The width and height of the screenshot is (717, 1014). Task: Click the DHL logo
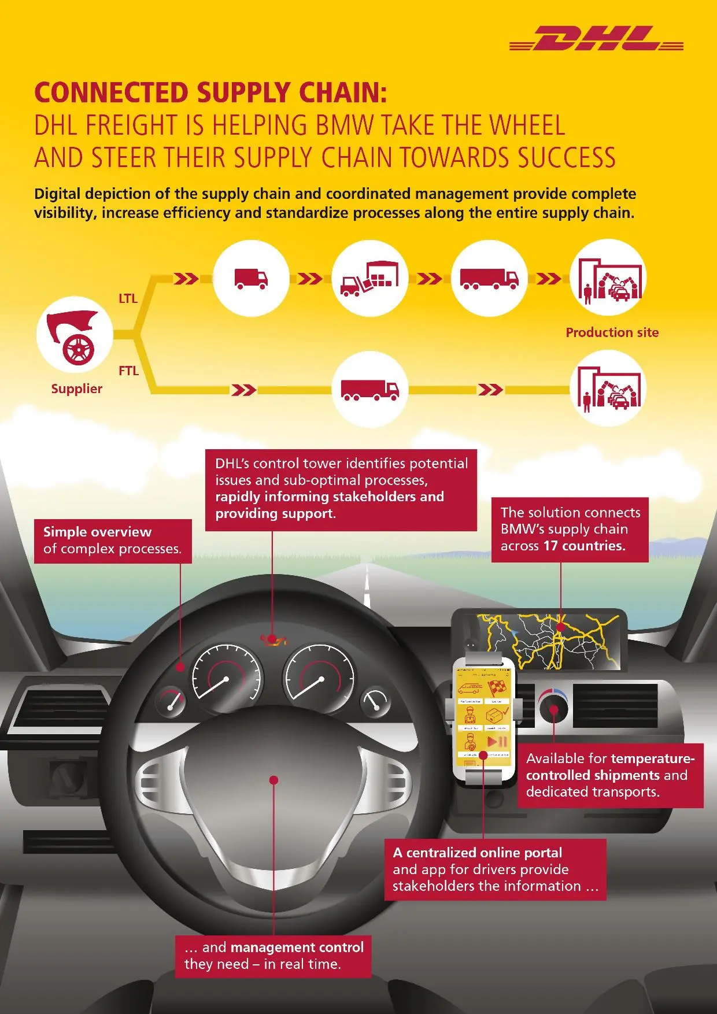(x=597, y=39)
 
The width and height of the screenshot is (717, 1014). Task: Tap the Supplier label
(x=76, y=388)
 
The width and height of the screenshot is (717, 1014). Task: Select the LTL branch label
(x=128, y=298)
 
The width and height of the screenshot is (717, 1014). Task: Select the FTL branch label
(x=128, y=371)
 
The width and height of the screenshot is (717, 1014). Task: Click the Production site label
(x=612, y=332)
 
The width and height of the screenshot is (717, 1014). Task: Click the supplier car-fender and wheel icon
(x=75, y=335)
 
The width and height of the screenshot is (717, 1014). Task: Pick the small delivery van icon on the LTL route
(x=251, y=279)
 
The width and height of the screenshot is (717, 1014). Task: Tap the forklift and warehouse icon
(x=369, y=279)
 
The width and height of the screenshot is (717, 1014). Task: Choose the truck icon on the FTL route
(x=369, y=390)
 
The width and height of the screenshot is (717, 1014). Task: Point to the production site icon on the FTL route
(x=608, y=389)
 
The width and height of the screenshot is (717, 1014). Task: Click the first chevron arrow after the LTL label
(x=186, y=279)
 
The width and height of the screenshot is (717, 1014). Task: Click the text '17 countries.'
(x=584, y=546)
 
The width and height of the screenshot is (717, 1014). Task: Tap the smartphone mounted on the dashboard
(x=483, y=717)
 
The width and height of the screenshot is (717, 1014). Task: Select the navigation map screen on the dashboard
(x=549, y=641)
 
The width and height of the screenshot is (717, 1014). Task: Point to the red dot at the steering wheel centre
(x=274, y=780)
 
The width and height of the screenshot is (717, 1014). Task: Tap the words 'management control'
(x=297, y=947)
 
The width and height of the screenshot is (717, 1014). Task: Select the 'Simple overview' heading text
(x=97, y=532)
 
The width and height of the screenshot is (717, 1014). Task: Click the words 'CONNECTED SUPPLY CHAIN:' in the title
(x=210, y=92)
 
